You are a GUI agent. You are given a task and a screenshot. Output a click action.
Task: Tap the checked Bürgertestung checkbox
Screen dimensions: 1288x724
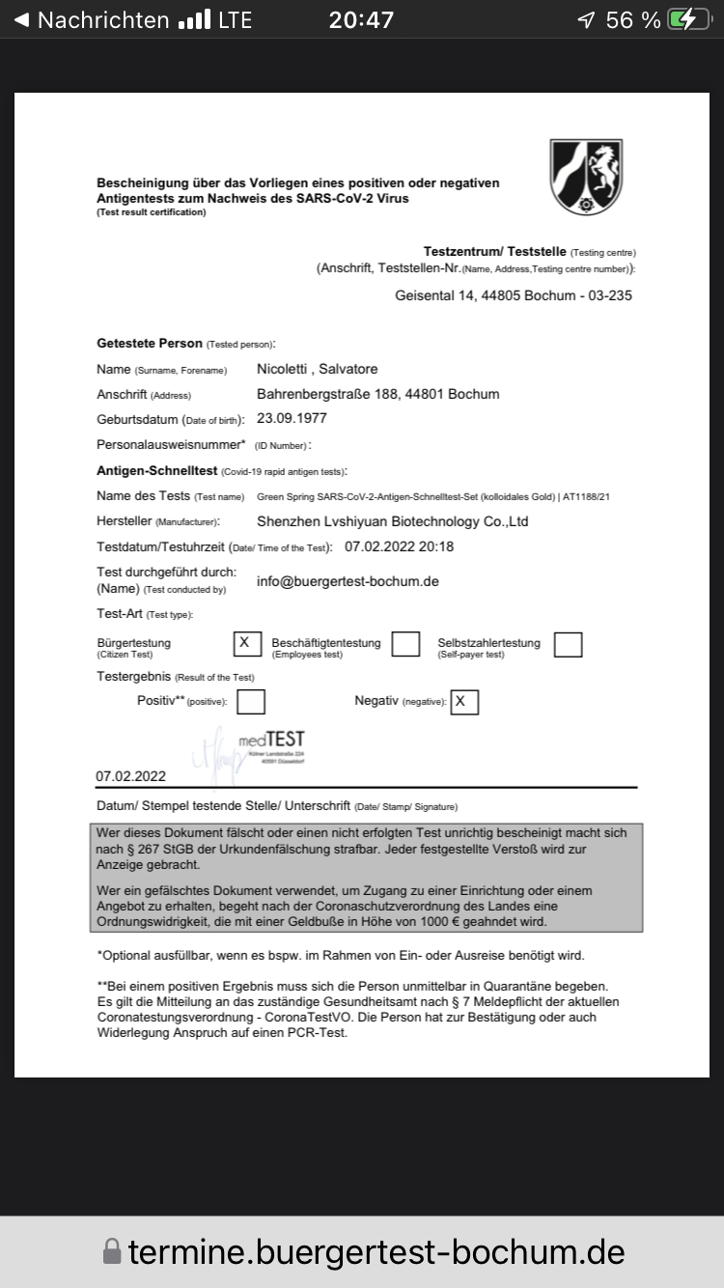[x=247, y=643]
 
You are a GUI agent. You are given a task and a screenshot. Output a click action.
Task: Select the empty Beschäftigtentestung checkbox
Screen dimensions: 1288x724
[x=405, y=644]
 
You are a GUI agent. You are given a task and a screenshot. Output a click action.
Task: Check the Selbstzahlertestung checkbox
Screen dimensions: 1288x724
[x=568, y=644]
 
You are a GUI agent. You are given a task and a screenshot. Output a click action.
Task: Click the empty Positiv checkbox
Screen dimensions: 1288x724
[x=251, y=701]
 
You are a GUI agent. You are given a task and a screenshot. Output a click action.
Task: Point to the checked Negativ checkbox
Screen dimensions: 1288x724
[x=464, y=701]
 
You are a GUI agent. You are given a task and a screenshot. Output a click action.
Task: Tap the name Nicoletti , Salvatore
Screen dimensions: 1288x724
[x=318, y=369]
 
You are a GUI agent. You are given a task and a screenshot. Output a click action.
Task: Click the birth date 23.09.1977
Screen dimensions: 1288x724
[x=292, y=418]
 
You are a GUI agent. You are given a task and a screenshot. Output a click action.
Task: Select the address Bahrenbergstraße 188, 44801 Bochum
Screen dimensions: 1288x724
[x=377, y=394]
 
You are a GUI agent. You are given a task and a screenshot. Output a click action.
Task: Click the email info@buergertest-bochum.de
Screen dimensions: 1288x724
[x=348, y=581]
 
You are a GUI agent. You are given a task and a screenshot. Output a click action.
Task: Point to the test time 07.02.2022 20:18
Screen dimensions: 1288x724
[x=399, y=546]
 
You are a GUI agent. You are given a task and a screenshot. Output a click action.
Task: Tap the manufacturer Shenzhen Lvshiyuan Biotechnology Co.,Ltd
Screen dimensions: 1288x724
[x=392, y=521]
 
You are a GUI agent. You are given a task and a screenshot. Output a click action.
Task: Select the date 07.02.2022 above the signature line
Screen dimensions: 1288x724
[x=131, y=776]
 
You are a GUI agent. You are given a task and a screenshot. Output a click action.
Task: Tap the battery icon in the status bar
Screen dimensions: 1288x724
[x=694, y=19]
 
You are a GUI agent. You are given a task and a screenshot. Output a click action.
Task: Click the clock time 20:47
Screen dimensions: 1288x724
[x=361, y=19]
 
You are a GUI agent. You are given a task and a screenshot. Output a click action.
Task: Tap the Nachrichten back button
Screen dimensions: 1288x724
[x=91, y=19]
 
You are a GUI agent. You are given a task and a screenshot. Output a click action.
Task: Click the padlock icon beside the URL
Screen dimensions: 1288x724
[x=112, y=1252]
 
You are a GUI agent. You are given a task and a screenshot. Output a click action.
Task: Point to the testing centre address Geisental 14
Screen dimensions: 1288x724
[x=514, y=295]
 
